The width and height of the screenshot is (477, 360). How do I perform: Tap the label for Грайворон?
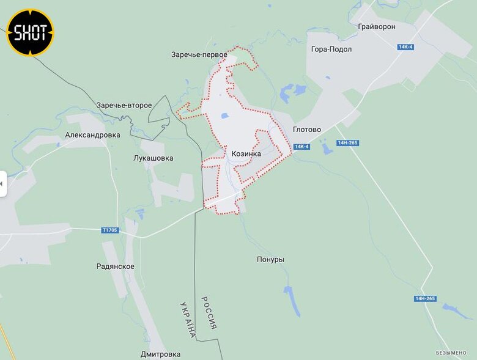[x=377, y=27]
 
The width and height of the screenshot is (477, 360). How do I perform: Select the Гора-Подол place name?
[x=331, y=50]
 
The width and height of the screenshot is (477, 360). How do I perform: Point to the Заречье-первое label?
[x=199, y=55]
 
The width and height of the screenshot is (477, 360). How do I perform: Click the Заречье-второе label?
[x=124, y=105]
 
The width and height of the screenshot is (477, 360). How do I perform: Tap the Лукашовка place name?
[x=153, y=158]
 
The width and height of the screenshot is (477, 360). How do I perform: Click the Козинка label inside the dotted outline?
[x=246, y=154]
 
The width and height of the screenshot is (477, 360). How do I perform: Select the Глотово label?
[x=307, y=130]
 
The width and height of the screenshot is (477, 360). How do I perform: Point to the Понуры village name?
[x=270, y=260]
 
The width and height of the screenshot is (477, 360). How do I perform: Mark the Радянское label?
[x=116, y=266]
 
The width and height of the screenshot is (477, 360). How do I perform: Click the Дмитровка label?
[x=160, y=354]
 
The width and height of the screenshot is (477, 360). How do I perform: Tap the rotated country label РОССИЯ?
[x=210, y=313]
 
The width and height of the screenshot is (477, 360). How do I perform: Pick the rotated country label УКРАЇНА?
[x=188, y=320]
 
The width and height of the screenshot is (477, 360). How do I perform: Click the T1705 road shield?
[x=110, y=230]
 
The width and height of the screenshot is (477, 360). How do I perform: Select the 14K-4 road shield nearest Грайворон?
[x=405, y=47]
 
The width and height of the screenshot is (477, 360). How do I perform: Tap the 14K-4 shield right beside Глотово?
[x=301, y=147]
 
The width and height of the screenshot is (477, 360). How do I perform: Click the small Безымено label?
[x=451, y=353]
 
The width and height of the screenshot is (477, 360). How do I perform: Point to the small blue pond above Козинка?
[x=224, y=116]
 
